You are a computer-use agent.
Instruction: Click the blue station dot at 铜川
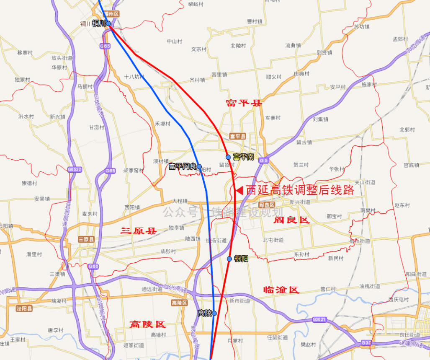[108, 23]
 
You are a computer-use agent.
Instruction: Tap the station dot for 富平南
[228, 157]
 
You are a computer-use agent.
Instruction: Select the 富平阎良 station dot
[199, 167]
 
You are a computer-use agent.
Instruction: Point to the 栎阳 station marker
[229, 259]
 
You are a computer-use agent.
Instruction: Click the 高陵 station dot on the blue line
[214, 313]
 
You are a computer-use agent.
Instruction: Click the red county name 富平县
[243, 103]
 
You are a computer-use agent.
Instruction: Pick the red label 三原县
[138, 231]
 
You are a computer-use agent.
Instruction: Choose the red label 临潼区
[281, 290]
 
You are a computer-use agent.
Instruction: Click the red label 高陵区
[147, 324]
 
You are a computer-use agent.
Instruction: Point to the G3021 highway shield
[319, 320]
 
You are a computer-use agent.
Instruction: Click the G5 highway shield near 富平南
[263, 161]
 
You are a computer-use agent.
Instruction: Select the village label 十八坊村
[134, 77]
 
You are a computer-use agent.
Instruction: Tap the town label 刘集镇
[320, 119]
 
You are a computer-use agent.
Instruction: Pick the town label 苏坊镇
[362, 26]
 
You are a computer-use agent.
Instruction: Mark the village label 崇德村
[29, 183]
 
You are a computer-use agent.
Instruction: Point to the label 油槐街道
[370, 286]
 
